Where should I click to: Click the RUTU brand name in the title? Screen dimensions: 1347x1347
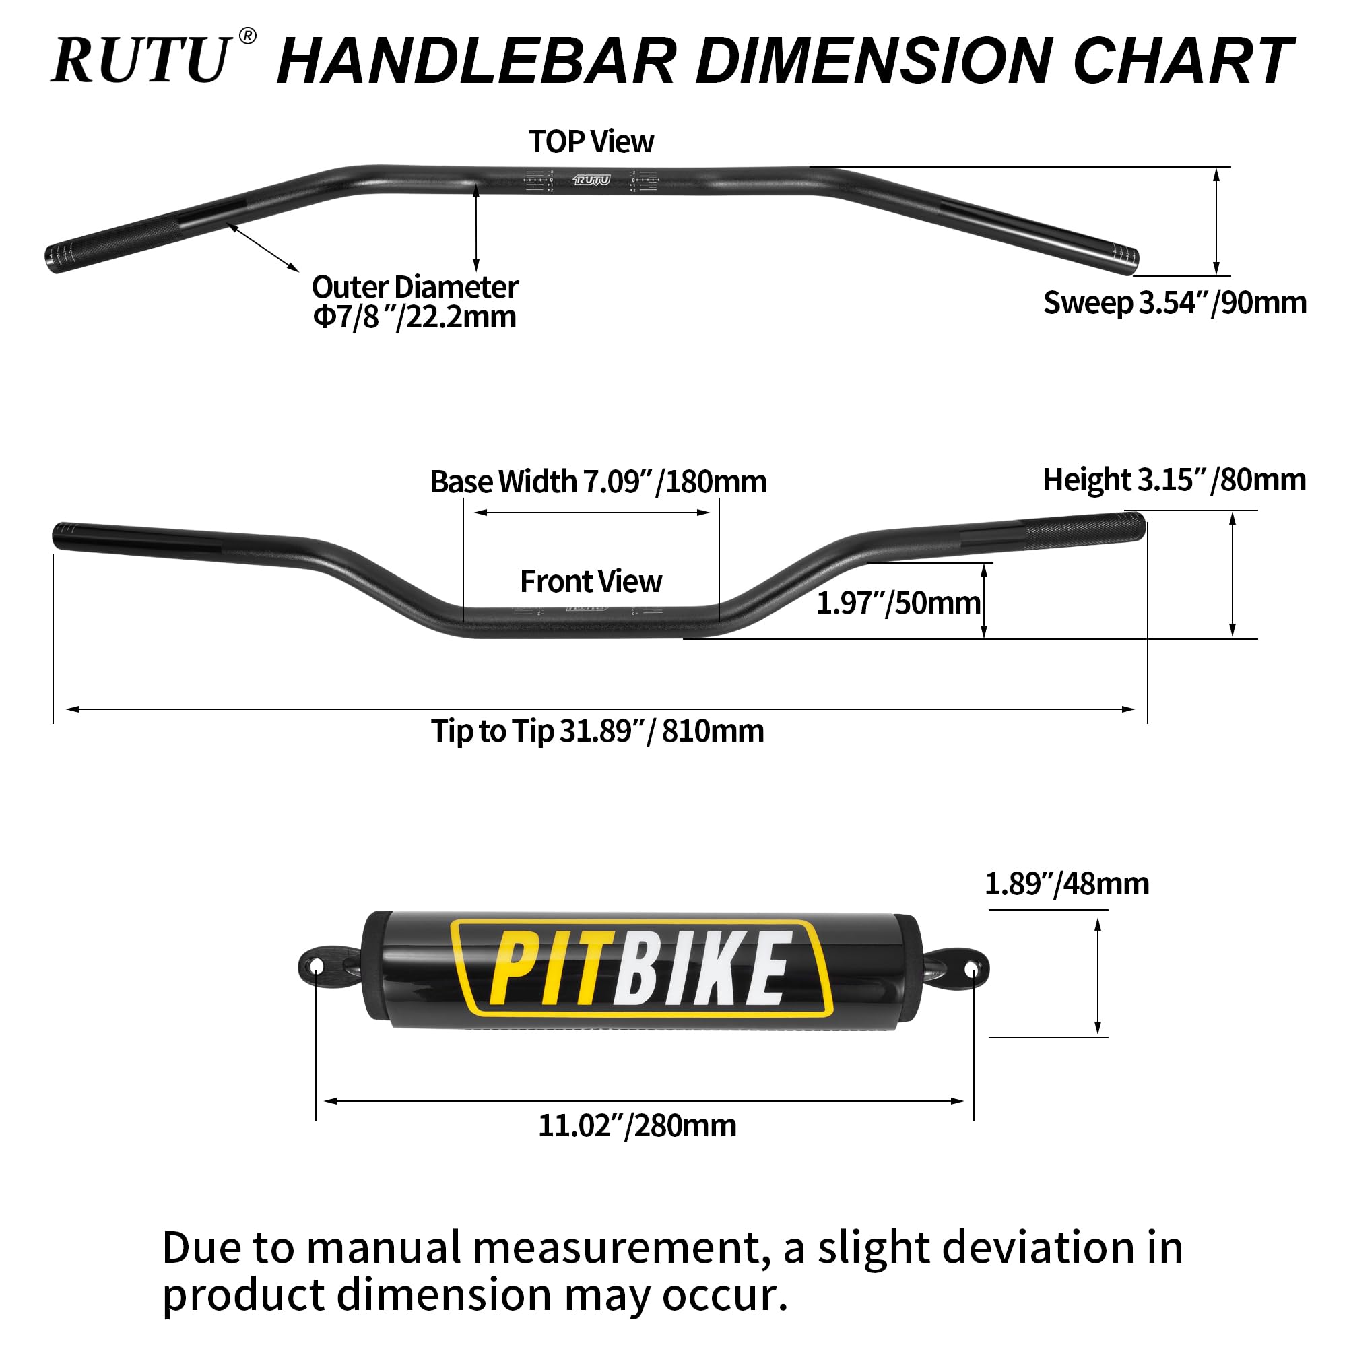click(141, 61)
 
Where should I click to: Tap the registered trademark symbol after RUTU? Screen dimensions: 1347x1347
click(247, 36)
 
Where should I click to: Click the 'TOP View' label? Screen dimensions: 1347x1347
click(591, 142)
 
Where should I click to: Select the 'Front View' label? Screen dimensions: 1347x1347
click(591, 581)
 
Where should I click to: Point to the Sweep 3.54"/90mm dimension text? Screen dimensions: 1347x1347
click(1174, 302)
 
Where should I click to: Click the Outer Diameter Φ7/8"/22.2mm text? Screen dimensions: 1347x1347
click(415, 302)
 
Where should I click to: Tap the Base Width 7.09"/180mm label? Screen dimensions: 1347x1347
click(597, 482)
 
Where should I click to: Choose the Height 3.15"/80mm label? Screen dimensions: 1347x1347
click(1173, 480)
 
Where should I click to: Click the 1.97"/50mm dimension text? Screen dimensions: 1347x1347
click(897, 603)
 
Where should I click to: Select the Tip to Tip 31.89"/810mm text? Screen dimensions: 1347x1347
click(597, 731)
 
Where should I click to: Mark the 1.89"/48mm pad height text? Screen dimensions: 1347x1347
click(1066, 884)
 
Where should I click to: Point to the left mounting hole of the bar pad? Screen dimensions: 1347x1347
click(316, 966)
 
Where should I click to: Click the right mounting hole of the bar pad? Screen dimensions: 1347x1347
click(973, 968)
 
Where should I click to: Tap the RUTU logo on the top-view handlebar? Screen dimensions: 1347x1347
click(591, 180)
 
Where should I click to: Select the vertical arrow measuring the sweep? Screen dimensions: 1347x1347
click(1216, 221)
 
